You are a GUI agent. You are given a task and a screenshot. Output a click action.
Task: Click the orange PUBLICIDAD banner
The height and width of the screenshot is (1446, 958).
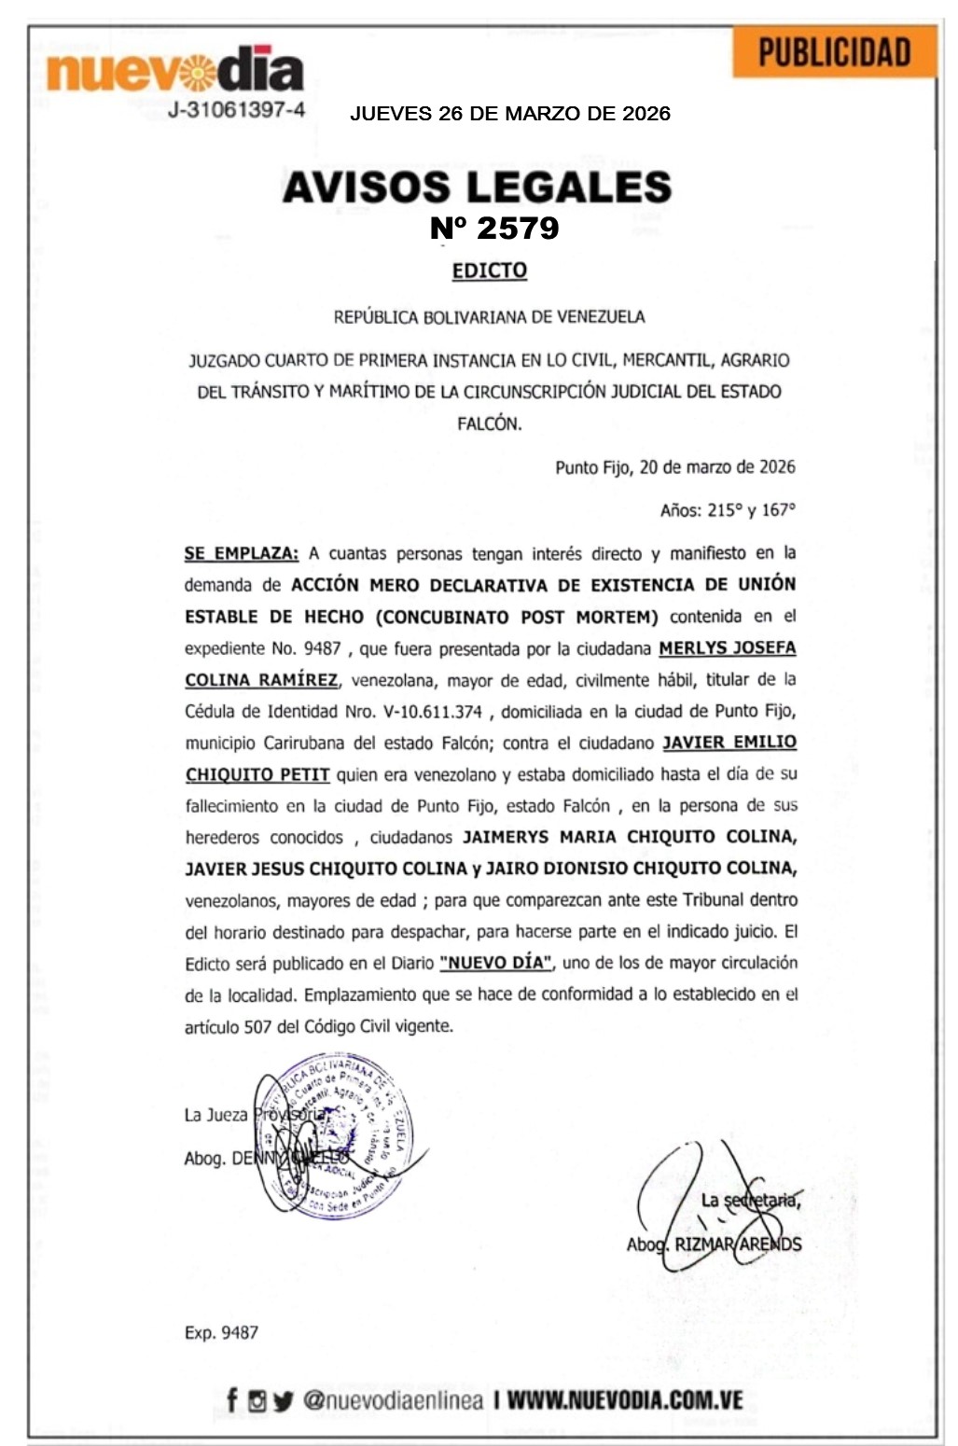tap(834, 52)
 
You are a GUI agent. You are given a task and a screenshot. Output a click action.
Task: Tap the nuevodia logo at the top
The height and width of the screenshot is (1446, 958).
tap(174, 71)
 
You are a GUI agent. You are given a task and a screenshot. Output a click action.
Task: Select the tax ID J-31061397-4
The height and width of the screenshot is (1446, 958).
tap(236, 110)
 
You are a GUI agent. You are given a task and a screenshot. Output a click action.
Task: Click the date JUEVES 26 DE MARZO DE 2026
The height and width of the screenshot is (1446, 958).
tap(509, 114)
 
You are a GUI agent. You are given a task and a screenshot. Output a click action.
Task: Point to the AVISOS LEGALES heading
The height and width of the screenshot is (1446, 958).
tap(477, 187)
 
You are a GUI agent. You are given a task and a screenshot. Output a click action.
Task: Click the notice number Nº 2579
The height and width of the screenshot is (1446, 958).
tap(494, 228)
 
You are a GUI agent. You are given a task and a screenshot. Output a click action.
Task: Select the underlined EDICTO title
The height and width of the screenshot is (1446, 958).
tap(490, 271)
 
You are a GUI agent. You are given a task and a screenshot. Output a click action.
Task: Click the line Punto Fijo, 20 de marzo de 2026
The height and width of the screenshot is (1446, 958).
tap(675, 467)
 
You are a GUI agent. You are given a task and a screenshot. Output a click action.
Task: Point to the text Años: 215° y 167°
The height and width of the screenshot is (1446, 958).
tap(728, 510)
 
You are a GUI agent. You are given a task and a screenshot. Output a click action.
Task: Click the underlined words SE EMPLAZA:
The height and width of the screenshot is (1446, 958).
tap(242, 553)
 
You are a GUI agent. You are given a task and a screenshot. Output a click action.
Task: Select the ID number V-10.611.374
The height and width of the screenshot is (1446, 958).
tap(433, 712)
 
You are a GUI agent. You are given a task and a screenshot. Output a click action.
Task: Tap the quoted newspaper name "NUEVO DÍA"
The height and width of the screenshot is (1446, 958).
tap(496, 963)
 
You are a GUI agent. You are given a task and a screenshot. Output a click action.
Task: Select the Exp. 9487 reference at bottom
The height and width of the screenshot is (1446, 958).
tap(221, 1332)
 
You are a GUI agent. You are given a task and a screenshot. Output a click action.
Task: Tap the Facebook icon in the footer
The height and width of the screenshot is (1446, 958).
tap(231, 1399)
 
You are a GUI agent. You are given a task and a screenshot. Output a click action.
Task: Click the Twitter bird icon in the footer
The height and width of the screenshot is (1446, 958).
tap(283, 1400)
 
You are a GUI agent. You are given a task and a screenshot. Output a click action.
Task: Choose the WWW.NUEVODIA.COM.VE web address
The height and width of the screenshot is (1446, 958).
tap(625, 1400)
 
